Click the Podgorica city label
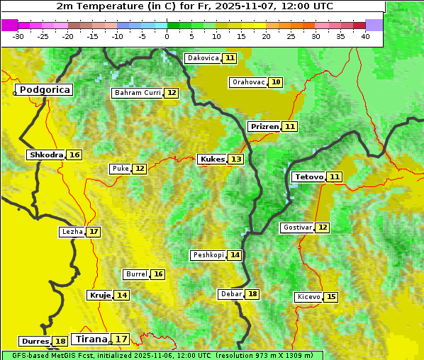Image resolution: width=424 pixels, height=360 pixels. [x=45, y=90]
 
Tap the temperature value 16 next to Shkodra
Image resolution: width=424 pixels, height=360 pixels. [x=74, y=154]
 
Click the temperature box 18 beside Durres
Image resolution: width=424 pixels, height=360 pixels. [x=60, y=342]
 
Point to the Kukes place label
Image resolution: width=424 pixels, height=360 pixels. [x=212, y=159]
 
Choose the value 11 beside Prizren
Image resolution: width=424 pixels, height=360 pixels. [x=290, y=127]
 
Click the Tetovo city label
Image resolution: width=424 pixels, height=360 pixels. [x=308, y=176]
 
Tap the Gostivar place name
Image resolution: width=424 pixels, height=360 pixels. [x=296, y=227]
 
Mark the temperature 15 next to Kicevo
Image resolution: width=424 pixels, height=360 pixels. [x=331, y=297]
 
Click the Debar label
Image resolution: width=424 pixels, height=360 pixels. [x=231, y=294]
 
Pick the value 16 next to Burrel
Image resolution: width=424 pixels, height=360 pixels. [x=158, y=274]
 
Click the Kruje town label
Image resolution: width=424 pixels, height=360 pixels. [x=99, y=295]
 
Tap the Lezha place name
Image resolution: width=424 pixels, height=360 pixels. [x=72, y=232]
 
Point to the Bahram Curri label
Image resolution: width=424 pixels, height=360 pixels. [x=138, y=93]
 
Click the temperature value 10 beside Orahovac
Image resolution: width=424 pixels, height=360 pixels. [x=276, y=82]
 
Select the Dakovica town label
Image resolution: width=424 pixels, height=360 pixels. [x=202, y=58]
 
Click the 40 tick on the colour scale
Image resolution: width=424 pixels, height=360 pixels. [x=365, y=36]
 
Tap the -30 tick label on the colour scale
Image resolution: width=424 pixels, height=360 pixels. [x=18, y=36]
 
